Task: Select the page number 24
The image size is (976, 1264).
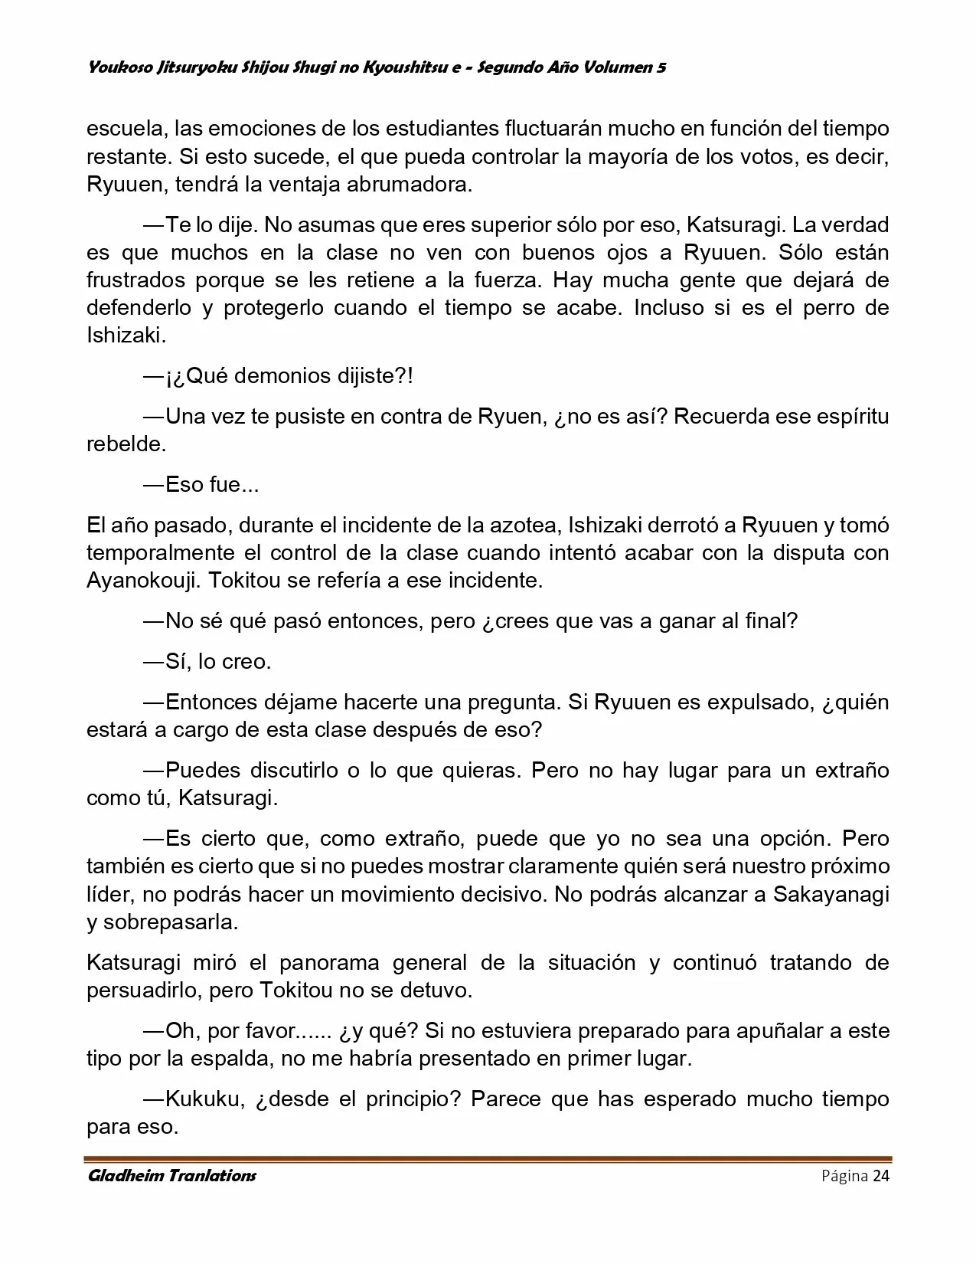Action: pyautogui.click(x=880, y=1176)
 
